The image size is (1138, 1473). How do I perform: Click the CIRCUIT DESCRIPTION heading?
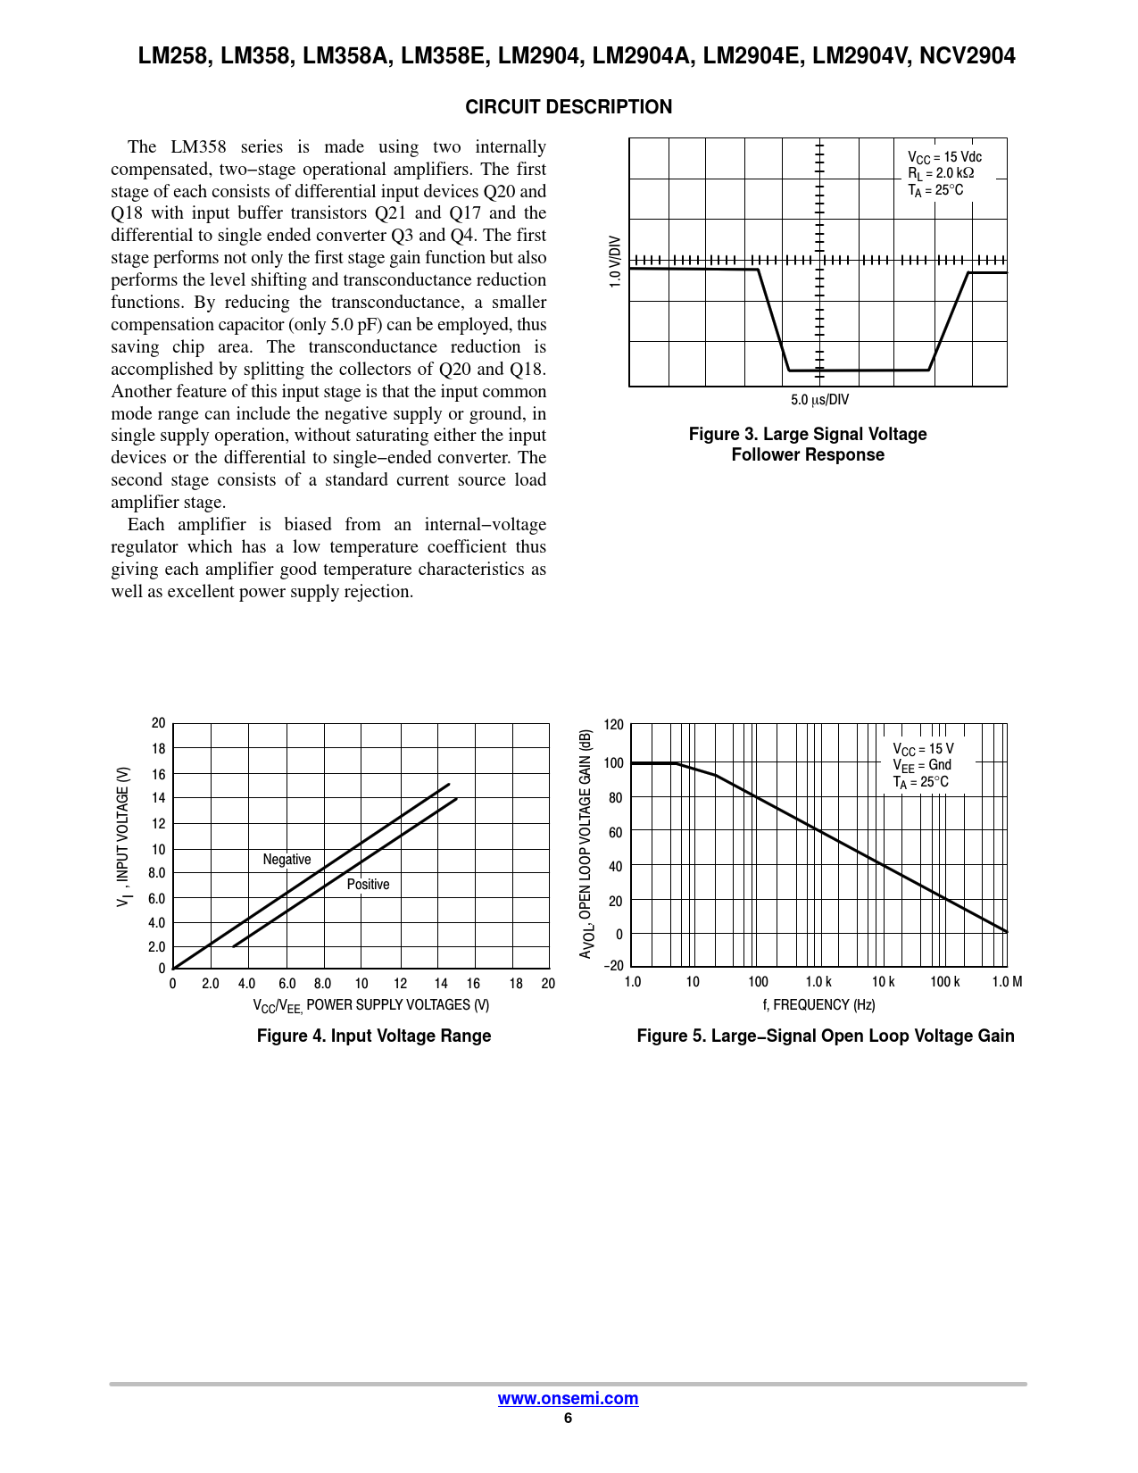coord(569,107)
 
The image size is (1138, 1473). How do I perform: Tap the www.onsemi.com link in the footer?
coord(568,1399)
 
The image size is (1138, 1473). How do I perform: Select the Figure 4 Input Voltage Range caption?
coord(374,1036)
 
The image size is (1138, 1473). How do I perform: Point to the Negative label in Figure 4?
coord(287,860)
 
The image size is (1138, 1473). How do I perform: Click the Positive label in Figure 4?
coord(368,885)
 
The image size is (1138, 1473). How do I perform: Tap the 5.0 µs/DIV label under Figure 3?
coord(819,400)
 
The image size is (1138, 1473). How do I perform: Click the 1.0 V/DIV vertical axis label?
coord(615,262)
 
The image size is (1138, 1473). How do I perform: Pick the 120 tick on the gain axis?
coord(614,725)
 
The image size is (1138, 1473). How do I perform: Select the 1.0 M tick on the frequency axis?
coord(1007,982)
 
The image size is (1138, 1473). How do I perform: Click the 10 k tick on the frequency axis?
coord(883,982)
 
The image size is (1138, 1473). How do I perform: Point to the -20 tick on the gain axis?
coord(613,966)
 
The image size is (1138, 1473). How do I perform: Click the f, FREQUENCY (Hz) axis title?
coord(818,1005)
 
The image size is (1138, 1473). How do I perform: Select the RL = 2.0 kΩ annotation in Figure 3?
coord(941,173)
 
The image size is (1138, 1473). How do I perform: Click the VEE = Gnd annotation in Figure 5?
coord(922,765)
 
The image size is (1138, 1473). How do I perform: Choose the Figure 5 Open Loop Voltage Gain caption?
coord(825,1036)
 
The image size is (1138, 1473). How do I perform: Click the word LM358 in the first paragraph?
coord(198,147)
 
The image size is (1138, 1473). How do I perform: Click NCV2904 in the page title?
coord(968,56)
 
